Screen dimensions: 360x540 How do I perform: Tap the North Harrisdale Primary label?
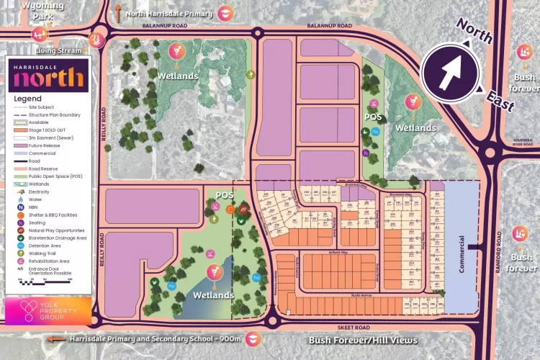coord(169,13)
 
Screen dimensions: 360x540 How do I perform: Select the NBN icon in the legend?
coord(19,186)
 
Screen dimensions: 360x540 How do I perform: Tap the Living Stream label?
coord(60,51)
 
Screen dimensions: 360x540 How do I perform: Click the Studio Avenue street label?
coord(364,294)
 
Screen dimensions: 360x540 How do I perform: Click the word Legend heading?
coord(28,99)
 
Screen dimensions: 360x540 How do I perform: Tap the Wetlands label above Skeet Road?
coord(213,295)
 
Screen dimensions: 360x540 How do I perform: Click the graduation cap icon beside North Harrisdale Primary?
coord(225,13)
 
